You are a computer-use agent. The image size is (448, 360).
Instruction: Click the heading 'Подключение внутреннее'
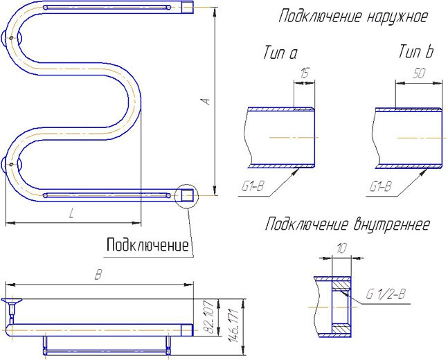(x=348, y=224)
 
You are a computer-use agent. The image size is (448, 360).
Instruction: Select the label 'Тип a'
(x=280, y=53)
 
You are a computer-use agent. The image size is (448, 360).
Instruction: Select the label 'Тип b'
(x=415, y=52)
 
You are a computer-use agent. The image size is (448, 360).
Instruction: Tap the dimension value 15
(x=304, y=73)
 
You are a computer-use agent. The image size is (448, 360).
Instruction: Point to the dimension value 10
(x=341, y=247)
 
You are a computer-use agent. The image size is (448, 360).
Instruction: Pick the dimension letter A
(x=206, y=102)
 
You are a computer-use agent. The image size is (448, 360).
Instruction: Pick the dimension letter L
(x=71, y=215)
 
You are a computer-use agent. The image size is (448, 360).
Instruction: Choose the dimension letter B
(x=98, y=275)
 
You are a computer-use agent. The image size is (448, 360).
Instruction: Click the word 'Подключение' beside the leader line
(x=147, y=244)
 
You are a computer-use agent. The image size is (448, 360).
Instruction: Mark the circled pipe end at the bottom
(x=186, y=196)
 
